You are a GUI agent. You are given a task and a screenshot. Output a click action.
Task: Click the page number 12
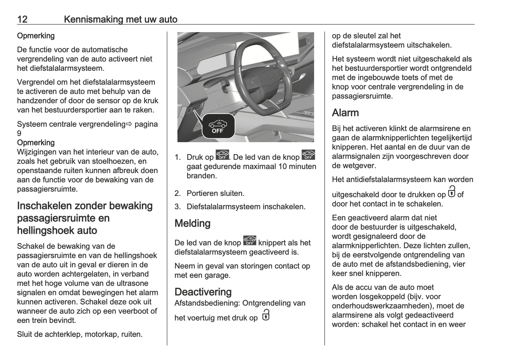coord(22,19)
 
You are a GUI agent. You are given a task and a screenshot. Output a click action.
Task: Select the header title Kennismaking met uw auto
coord(121,19)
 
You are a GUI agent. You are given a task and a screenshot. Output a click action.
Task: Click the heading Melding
coord(192,223)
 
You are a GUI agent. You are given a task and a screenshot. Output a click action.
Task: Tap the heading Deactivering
coord(203,292)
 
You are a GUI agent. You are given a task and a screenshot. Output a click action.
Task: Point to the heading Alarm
coord(345,113)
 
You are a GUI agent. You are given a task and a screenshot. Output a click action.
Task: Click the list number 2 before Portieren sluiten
coord(178,193)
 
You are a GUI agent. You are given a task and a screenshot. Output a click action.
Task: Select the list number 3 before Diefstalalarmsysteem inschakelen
coord(178,207)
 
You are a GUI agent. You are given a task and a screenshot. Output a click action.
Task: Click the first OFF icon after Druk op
coord(222,155)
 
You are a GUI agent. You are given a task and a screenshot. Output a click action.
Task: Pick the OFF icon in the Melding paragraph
coord(250,240)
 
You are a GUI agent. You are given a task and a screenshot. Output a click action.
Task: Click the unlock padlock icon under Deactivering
coord(266,315)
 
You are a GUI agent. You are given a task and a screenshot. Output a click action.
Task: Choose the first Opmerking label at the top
coord(36,36)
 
